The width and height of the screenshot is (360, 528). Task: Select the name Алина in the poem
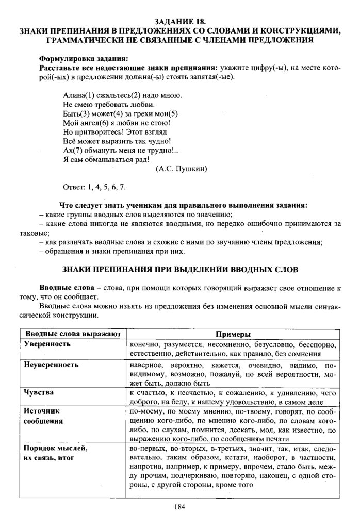pos(74,96)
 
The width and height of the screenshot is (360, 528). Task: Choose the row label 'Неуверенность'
pos(52,365)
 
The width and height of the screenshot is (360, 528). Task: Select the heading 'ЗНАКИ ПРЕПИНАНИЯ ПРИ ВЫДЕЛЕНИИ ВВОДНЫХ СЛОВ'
pos(180,270)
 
